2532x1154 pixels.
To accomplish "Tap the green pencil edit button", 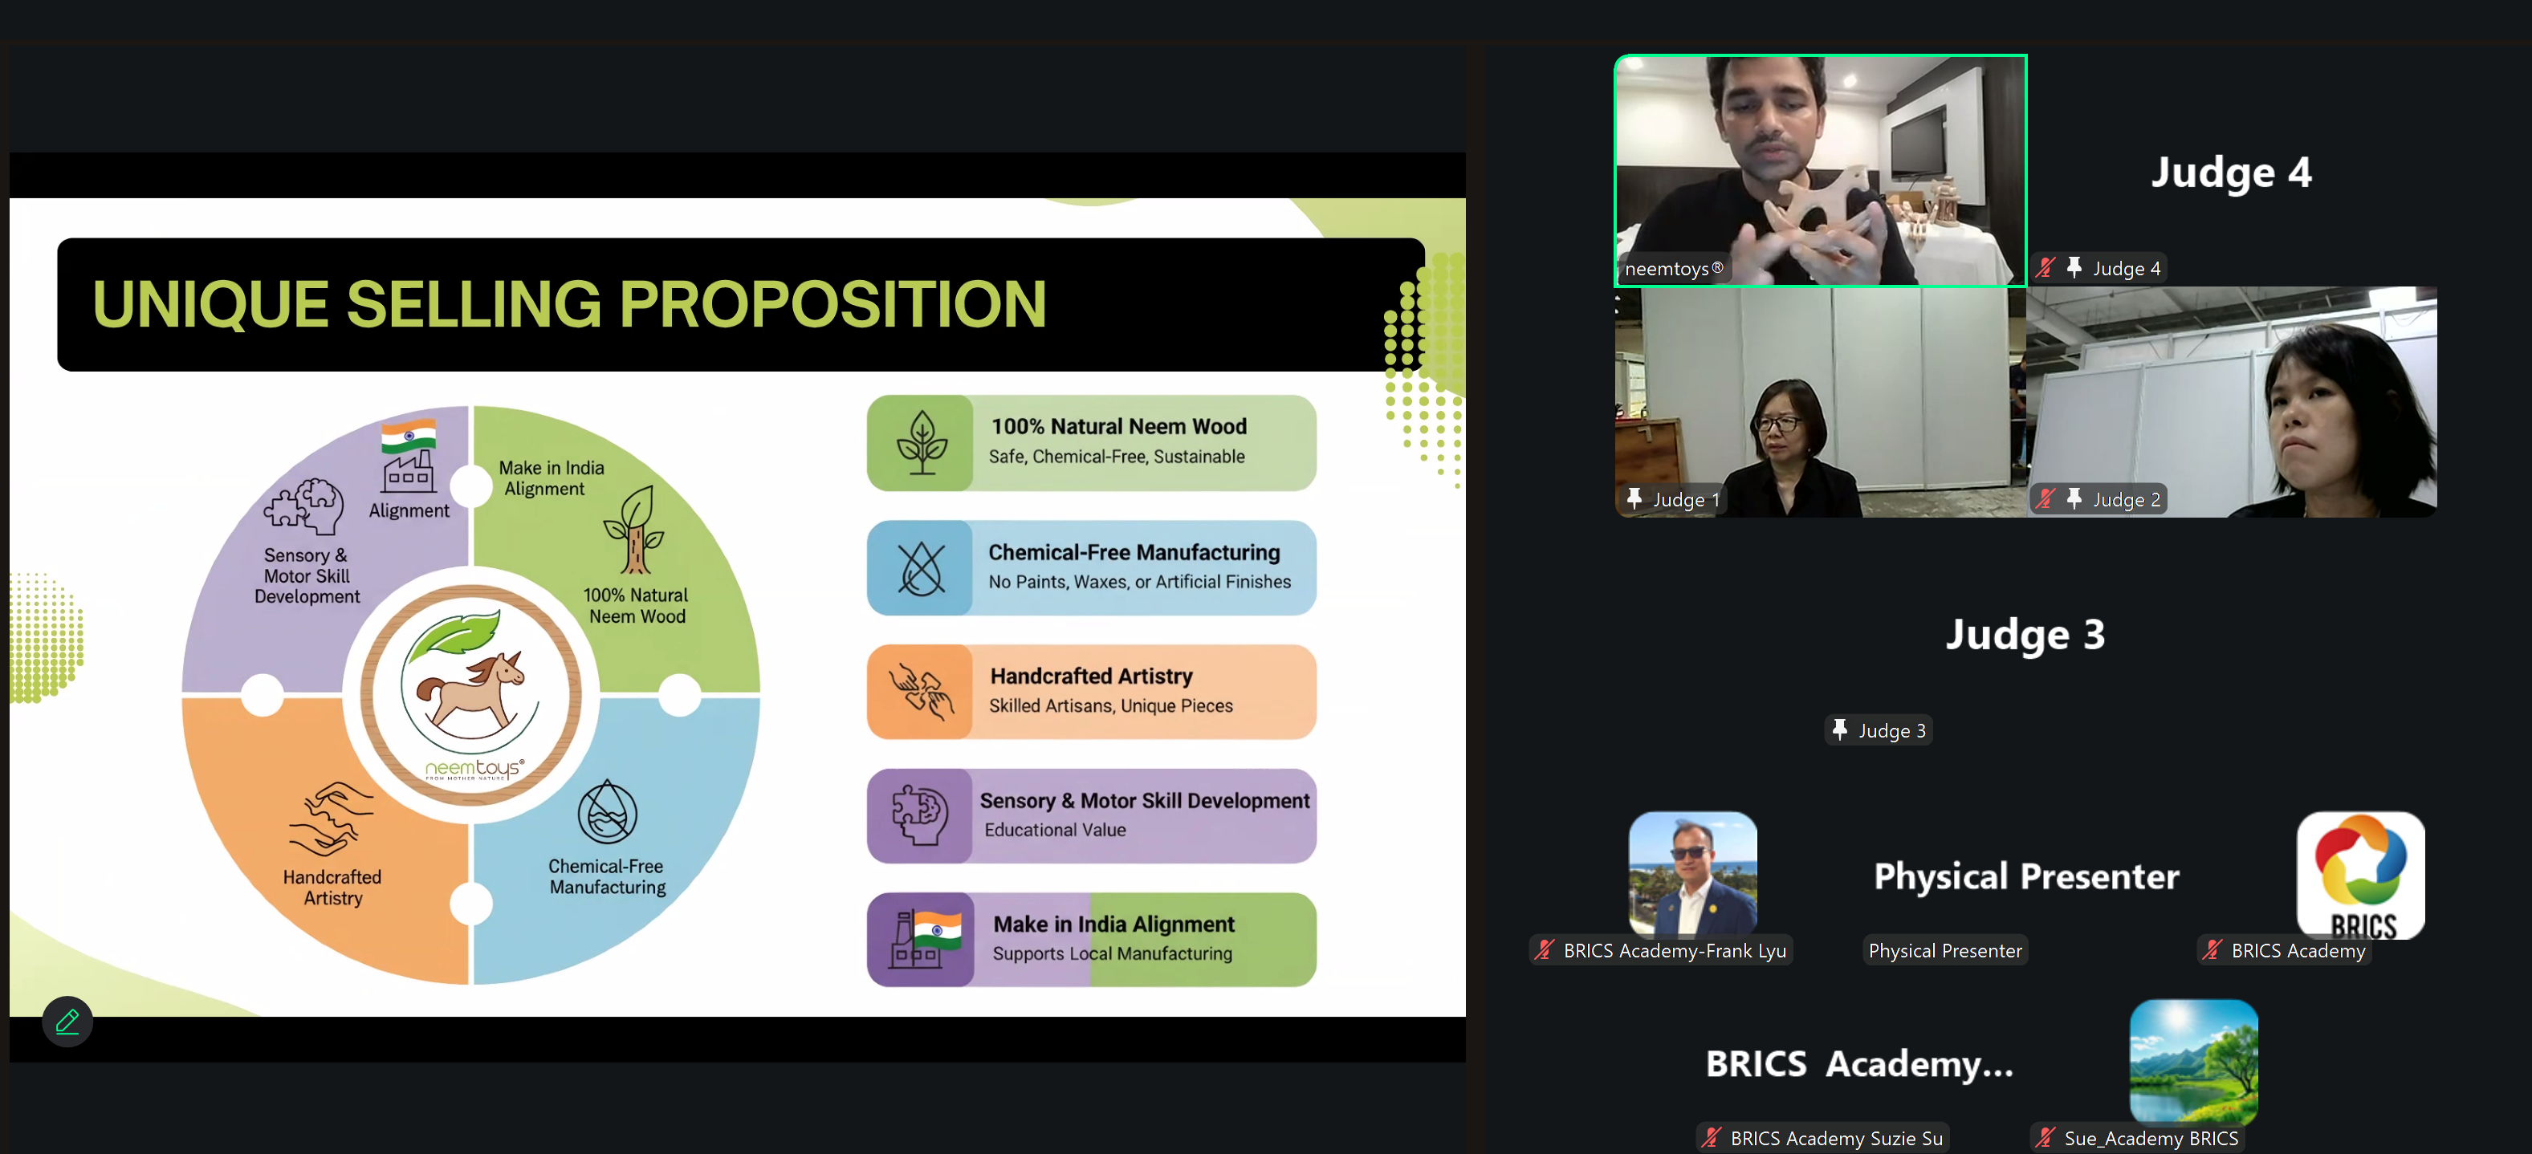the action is (67, 1022).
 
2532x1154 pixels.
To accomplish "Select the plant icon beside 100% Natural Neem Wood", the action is (922, 442).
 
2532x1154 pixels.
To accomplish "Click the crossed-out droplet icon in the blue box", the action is (922, 568).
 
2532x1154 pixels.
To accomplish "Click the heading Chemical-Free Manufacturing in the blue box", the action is (1134, 552).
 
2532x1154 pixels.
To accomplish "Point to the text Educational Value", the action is (1056, 830).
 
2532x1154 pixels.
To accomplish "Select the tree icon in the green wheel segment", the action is (634, 530).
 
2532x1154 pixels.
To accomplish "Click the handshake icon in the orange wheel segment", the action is (332, 819).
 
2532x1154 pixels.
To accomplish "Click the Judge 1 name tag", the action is (1674, 499).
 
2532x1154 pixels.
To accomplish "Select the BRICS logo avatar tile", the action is (2360, 875).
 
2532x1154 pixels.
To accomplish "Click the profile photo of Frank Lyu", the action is (1692, 873).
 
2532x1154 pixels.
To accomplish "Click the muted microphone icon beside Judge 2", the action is (2046, 499).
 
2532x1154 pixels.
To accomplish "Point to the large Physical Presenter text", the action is (2025, 876).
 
